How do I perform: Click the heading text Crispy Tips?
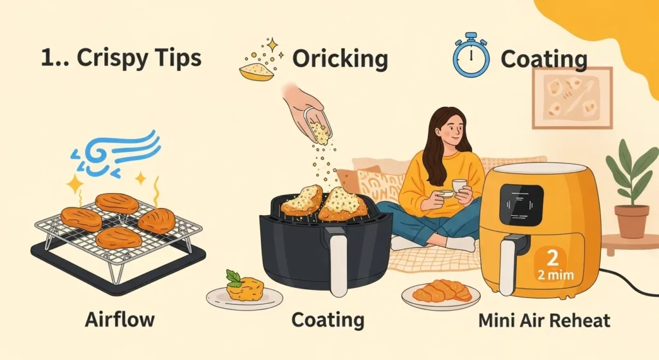point(121,58)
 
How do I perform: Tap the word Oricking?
point(340,59)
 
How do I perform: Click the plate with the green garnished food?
point(245,294)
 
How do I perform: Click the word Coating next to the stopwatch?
point(544,59)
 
